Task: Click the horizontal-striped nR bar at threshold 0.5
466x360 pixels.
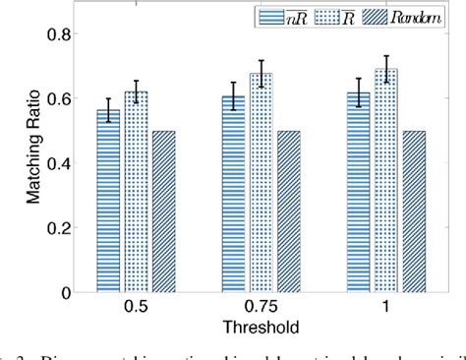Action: pos(108,202)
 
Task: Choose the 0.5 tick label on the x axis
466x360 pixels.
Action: pos(137,308)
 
